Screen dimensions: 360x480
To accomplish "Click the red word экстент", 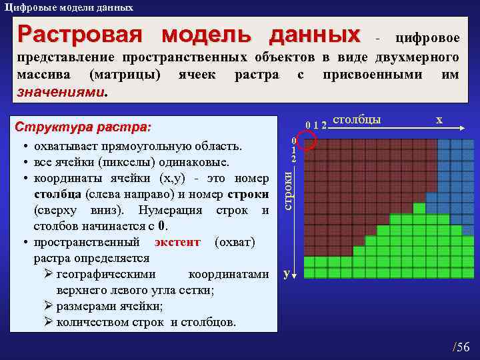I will coord(177,242).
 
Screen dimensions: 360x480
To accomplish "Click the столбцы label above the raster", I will coord(356,120).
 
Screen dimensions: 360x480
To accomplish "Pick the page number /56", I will coord(461,346).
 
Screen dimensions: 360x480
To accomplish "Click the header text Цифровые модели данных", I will coord(68,7).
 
